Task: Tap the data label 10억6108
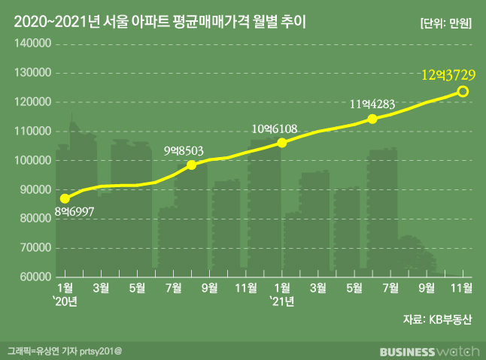click(275, 129)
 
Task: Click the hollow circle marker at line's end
click(463, 92)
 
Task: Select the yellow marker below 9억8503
click(191, 165)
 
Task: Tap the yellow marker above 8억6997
click(65, 198)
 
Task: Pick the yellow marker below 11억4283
click(372, 119)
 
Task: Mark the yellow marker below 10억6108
click(281, 142)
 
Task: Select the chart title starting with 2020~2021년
click(161, 23)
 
